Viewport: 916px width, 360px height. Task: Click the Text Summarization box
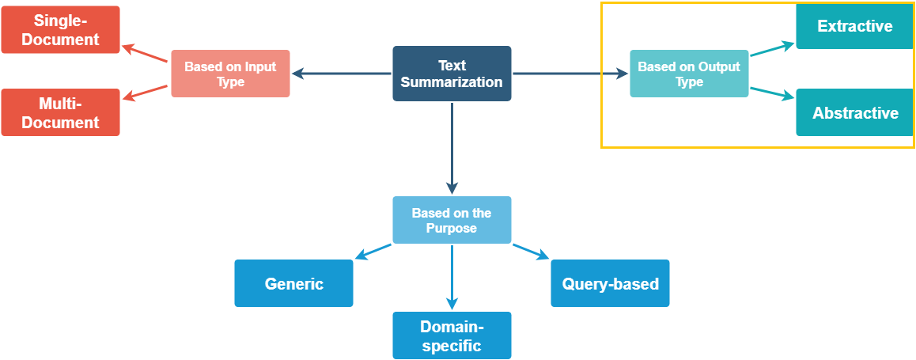pyautogui.click(x=452, y=74)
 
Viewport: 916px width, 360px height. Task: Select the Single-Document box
pyautogui.click(x=60, y=30)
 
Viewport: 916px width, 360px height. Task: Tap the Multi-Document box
pyautogui.click(x=60, y=112)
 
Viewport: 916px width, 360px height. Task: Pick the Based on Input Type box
pyautogui.click(x=230, y=74)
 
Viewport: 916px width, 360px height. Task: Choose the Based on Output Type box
pyautogui.click(x=689, y=74)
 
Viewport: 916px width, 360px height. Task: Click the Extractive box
pyautogui.click(x=854, y=25)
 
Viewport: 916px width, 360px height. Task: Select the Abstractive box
pyautogui.click(x=854, y=112)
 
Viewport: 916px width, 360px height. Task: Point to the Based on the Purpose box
pyautogui.click(x=452, y=220)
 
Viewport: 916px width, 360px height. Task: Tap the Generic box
pyautogui.click(x=293, y=283)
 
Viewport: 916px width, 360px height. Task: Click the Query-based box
pyautogui.click(x=610, y=283)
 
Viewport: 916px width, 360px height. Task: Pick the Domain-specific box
pyautogui.click(x=452, y=335)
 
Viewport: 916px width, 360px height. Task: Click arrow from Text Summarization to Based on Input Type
pyautogui.click(x=342, y=74)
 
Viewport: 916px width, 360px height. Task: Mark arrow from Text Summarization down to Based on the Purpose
pyautogui.click(x=452, y=149)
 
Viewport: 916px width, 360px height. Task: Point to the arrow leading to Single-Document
pyautogui.click(x=146, y=53)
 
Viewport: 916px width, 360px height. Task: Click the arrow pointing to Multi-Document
pyautogui.click(x=146, y=92)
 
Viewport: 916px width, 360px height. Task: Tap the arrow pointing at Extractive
pyautogui.click(x=772, y=48)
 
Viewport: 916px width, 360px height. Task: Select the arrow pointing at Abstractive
pyautogui.click(x=772, y=94)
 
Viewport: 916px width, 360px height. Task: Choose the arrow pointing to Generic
pyautogui.click(x=373, y=252)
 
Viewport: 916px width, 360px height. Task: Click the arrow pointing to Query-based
pyautogui.click(x=531, y=252)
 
